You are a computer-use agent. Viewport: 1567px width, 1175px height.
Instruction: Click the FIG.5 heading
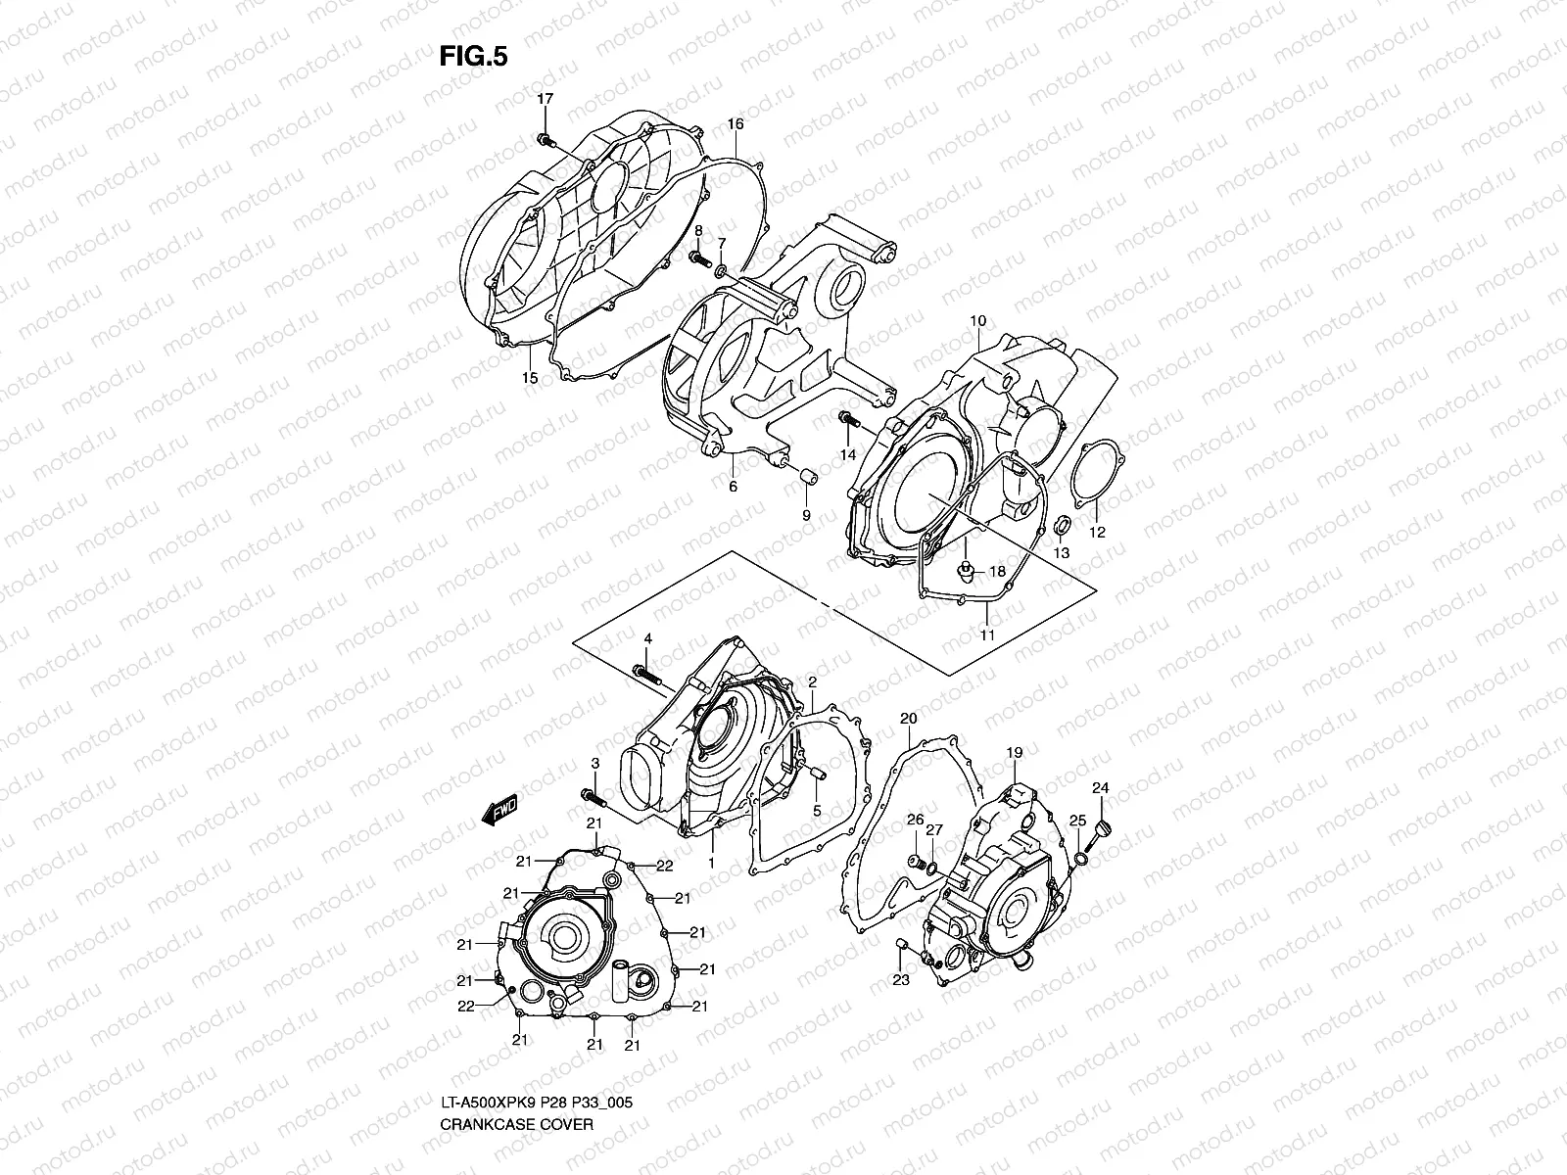click(473, 57)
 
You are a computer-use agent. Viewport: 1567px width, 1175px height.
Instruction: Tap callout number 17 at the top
click(545, 99)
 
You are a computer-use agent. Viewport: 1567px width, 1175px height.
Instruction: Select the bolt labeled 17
click(545, 141)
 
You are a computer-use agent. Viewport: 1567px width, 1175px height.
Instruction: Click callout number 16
click(735, 124)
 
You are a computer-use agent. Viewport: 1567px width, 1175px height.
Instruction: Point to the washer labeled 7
click(722, 270)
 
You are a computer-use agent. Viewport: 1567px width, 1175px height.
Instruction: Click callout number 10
click(977, 321)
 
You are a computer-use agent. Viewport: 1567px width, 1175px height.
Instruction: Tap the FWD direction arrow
click(499, 813)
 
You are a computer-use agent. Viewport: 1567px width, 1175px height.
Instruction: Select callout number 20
click(908, 719)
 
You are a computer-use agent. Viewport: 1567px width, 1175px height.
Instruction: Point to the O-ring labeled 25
click(1079, 859)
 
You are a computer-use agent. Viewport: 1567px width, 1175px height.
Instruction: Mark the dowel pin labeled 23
click(902, 945)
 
